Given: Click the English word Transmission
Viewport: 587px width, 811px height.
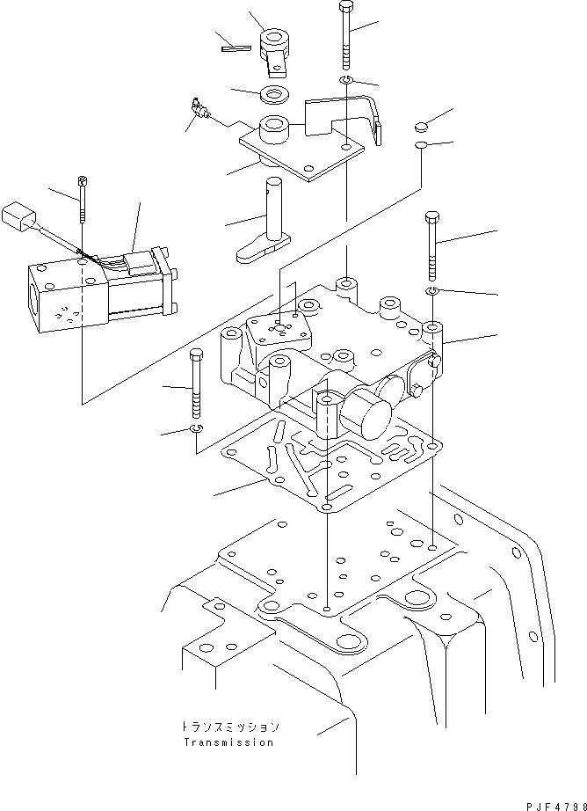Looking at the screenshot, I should point(228,742).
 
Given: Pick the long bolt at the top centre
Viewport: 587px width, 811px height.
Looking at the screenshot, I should point(343,35).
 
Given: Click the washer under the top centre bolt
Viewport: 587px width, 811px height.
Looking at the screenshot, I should point(346,82).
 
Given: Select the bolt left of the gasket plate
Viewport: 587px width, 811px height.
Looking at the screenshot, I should point(196,384).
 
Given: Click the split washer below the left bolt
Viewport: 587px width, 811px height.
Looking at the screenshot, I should point(197,428).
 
